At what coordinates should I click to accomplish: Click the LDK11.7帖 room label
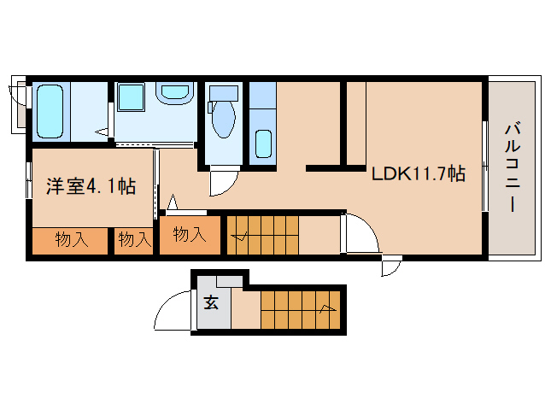coord(419,173)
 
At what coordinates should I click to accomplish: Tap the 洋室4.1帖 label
coord(91,186)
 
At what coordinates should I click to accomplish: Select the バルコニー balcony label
coord(513,167)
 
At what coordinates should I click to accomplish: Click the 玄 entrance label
coord(211,302)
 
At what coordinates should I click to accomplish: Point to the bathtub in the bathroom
coord(50,112)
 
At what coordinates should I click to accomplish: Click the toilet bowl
coord(224,119)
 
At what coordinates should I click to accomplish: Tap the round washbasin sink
coord(174,92)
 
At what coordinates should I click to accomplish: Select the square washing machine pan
coord(131,97)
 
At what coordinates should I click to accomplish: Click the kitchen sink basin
coord(263,143)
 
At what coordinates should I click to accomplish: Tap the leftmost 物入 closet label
coord(72,240)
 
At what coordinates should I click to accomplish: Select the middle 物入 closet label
coord(135,239)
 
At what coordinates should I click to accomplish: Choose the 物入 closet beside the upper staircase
coord(190,234)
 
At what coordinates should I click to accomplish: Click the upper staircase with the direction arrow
coord(263,235)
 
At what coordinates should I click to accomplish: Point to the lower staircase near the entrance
coord(301,309)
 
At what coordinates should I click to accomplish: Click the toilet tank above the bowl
coord(224,93)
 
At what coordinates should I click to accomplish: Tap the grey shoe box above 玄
coord(230,281)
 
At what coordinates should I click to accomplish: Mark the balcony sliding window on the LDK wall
coord(485,166)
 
